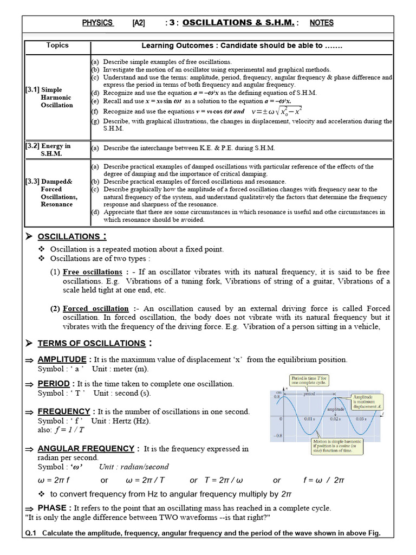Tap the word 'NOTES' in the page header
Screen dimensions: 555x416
[x=322, y=23]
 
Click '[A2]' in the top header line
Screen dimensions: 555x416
[x=139, y=23]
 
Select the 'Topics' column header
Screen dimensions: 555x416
[x=57, y=46]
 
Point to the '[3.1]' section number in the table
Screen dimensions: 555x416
[x=32, y=89]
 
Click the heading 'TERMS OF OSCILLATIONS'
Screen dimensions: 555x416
[x=91, y=343]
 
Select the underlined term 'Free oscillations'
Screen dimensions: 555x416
[x=93, y=272]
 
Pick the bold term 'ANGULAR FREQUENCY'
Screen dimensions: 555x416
[x=86, y=448]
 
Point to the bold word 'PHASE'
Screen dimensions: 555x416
[x=54, y=508]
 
